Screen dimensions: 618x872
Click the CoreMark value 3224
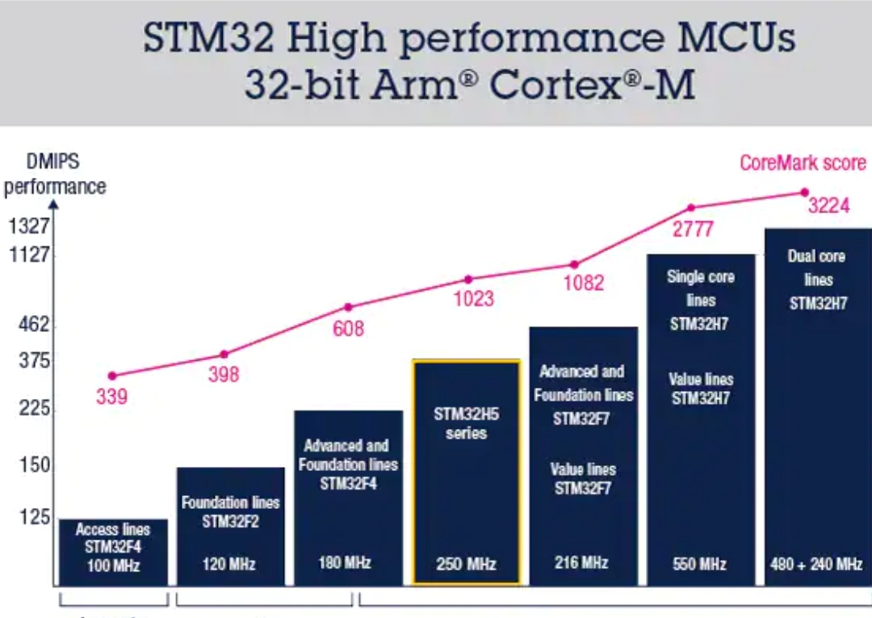point(828,206)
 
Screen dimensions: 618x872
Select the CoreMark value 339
point(111,397)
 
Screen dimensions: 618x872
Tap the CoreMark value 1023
point(473,299)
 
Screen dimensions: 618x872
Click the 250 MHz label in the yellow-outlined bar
point(466,564)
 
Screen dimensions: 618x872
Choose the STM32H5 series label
point(467,425)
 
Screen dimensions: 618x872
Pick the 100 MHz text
point(113,565)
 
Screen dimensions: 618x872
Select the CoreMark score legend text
point(803,162)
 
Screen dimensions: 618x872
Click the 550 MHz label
point(700,564)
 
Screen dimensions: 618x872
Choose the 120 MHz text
point(230,563)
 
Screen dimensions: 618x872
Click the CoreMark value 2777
point(692,229)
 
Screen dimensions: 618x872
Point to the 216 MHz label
point(581,561)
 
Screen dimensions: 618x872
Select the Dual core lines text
point(817,268)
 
